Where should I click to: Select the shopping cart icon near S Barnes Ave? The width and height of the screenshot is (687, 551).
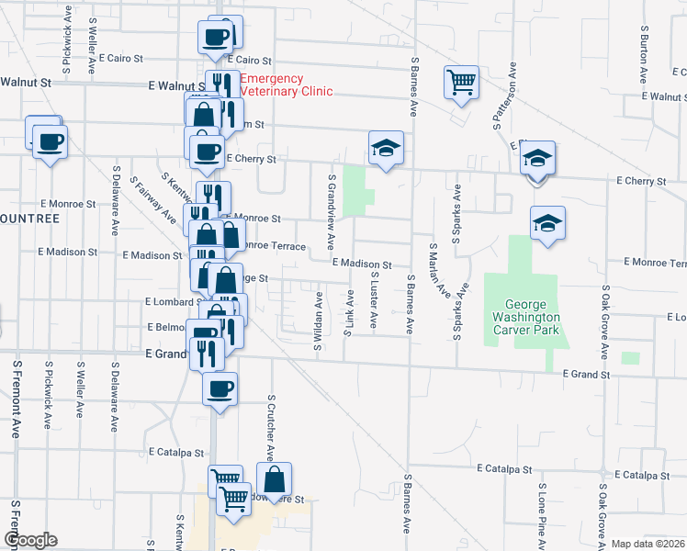point(461,81)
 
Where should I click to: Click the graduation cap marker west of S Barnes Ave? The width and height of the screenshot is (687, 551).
point(387,147)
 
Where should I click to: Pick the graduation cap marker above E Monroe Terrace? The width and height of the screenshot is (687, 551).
point(547,222)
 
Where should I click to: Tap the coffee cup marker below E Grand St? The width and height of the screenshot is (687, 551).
point(219,388)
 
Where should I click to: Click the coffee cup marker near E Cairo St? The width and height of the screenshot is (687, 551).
point(216,38)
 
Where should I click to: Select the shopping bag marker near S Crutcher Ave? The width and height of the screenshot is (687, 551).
point(274,478)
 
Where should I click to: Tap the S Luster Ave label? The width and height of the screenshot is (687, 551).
point(374,299)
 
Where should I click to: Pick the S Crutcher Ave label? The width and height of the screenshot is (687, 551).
point(271,427)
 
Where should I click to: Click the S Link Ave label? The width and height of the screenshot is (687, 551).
point(349,314)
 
